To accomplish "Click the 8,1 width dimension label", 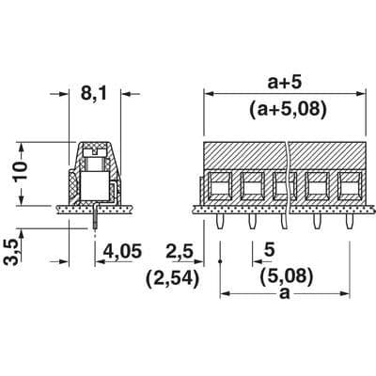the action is click(94, 93).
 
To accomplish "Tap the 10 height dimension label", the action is click(20, 171).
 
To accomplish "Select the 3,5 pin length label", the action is click(11, 253).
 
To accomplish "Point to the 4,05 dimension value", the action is click(123, 251).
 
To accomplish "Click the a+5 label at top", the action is click(285, 83).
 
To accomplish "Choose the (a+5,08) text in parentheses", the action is click(289, 109).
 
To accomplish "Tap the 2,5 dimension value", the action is click(180, 251).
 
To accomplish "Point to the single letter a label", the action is click(285, 293).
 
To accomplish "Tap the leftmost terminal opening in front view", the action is click(219, 185).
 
